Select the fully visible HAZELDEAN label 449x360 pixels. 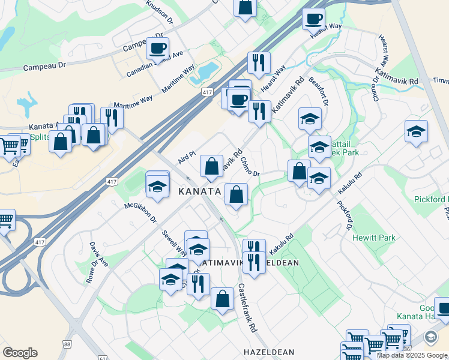(268, 352)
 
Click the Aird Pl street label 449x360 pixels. (187, 158)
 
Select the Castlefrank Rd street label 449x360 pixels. (247, 307)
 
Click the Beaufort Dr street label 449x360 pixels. (318, 91)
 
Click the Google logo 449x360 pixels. (20, 352)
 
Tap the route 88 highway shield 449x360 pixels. (67, 344)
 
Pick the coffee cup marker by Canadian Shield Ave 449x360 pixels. (157, 49)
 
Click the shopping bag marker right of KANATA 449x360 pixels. (237, 194)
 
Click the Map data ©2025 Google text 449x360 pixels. (412, 355)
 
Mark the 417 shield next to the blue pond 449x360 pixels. (207, 92)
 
